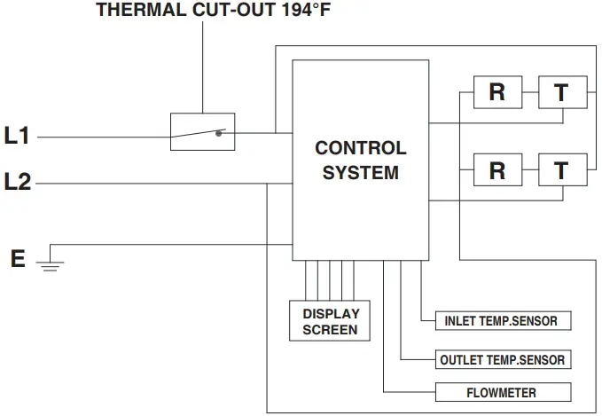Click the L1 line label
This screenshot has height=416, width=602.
coord(18,136)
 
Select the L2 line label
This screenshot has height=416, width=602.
coord(18,182)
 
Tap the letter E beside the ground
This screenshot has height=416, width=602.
coord(18,259)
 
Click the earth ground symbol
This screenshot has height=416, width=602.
coord(51,263)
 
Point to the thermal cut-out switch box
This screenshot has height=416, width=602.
coord(202,131)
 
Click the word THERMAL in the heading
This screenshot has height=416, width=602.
coord(137,11)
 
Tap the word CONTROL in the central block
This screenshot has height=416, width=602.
coord(361,148)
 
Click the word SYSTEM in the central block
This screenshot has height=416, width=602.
coord(361,173)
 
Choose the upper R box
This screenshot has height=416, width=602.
coord(497,92)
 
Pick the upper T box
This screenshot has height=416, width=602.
coord(562,92)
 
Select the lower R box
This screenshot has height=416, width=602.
coord(497,169)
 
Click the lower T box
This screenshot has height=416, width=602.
coord(562,169)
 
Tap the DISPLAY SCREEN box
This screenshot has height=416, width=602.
coord(331,321)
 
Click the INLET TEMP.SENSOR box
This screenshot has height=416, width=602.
coord(501,320)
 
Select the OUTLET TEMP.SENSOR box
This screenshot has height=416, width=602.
coord(503,360)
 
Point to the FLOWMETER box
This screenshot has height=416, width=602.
coord(502,392)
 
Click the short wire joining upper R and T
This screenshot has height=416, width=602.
coord(529,92)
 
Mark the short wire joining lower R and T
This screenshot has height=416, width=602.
coord(529,169)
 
